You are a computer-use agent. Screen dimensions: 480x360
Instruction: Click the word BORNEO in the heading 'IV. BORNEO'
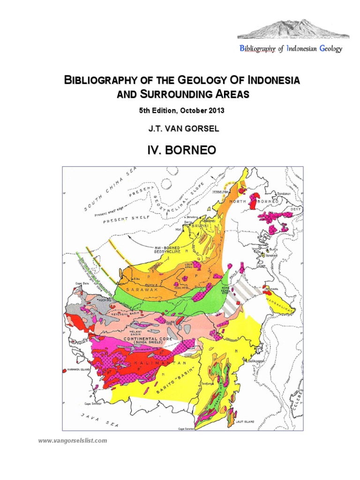coord(193,150)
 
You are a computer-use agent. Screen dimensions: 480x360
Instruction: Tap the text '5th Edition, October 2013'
coord(181,111)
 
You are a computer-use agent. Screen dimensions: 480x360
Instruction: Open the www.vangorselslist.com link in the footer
coord(72,441)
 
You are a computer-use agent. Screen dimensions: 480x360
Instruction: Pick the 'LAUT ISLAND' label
coord(245,422)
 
